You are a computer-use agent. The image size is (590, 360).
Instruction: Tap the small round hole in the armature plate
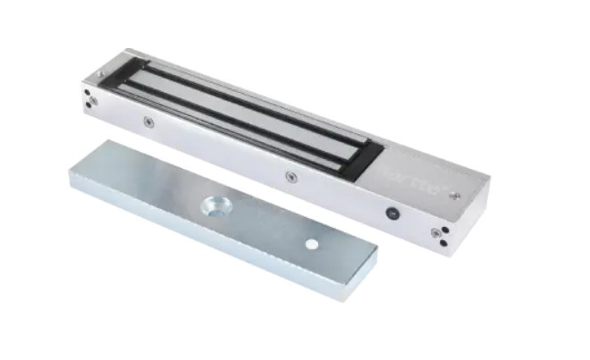click(310, 244)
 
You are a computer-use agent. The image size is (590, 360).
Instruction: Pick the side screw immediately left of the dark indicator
click(290, 176)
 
